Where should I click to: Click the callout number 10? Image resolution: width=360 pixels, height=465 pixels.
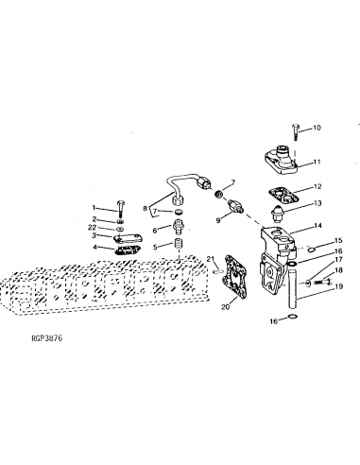pos(317,128)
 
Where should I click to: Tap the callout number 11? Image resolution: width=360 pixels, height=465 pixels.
pos(317,162)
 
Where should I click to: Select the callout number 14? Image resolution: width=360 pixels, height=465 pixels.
pos(317,227)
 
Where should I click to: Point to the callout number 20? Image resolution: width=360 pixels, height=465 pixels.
pos(225,307)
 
